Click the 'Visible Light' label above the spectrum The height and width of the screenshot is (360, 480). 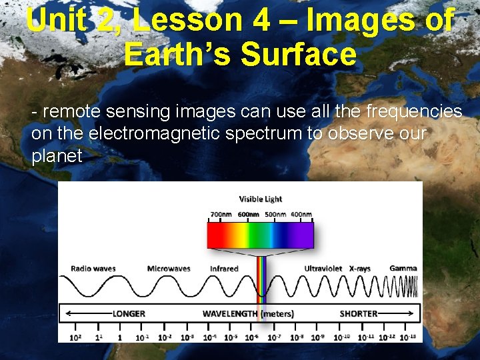260,199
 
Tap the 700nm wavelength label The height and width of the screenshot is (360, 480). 221,214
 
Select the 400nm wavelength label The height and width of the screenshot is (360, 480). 301,214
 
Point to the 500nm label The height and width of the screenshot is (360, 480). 275,214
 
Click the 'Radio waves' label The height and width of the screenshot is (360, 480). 93,269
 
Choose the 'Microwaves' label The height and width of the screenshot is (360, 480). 169,269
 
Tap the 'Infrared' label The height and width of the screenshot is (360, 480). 224,269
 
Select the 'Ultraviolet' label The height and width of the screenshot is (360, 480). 324,269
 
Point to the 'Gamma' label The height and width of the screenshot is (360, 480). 403,269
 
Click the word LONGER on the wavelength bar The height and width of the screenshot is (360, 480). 129,313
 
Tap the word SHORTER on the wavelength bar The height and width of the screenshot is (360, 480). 359,313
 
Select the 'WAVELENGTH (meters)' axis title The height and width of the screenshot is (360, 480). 248,313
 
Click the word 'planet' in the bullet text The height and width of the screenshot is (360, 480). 57,156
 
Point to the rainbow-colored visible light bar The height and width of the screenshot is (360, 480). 260,235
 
